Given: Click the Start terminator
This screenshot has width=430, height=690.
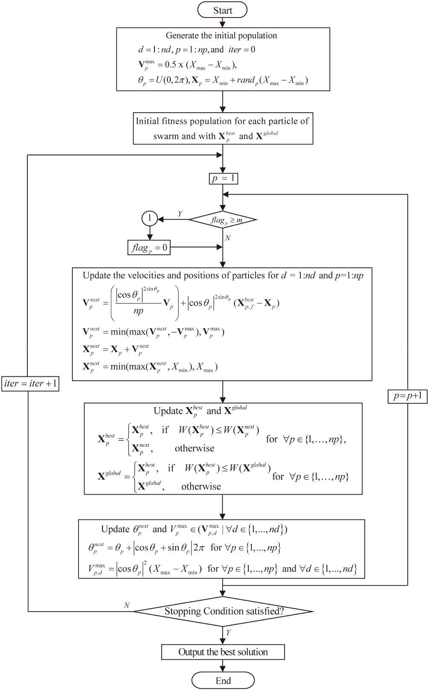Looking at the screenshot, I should tap(222, 10).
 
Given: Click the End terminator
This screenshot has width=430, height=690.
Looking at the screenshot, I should tap(223, 680).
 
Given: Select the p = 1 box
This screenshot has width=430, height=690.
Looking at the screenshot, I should tap(223, 178).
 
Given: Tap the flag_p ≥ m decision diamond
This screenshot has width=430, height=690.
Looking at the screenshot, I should tap(223, 220).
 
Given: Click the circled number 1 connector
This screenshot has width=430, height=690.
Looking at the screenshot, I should tap(149, 219).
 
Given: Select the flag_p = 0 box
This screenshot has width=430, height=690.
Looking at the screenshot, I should tap(149, 247).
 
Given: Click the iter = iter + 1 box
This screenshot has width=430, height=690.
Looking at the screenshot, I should tap(30, 384).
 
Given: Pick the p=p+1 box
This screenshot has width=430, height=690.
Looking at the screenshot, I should tap(407, 396).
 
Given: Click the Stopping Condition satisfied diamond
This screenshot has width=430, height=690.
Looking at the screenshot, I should tap(223, 611).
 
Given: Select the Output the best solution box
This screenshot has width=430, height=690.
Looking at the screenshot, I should tap(223, 652).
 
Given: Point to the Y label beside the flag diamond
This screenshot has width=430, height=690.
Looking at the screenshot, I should tap(180, 214).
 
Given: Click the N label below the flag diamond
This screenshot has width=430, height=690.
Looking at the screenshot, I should tap(227, 238).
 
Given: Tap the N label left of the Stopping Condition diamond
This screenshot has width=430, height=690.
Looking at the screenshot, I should tap(127, 605).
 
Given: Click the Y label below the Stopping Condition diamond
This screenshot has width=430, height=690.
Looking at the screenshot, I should tap(228, 632).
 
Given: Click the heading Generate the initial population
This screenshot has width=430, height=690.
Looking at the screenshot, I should tap(221, 35).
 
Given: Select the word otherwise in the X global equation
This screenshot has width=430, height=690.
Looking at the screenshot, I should tap(201, 486).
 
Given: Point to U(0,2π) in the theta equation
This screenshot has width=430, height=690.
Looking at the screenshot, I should tap(169, 80).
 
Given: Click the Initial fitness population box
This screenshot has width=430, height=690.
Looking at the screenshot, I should tap(223, 128).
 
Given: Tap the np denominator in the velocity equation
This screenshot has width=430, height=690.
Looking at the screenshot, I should tap(138, 311).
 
